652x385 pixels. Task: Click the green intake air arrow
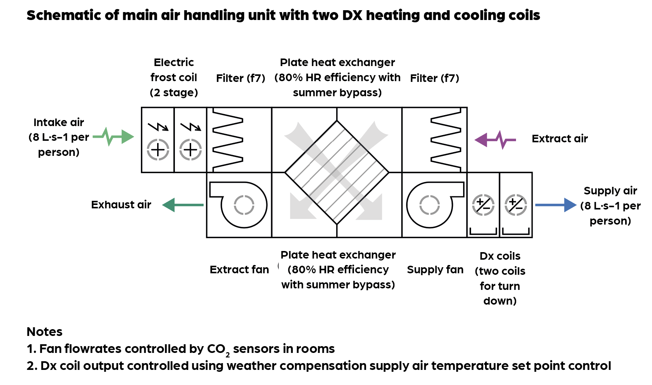click(113, 137)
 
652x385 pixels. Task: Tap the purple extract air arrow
click(495, 140)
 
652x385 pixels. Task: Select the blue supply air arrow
click(555, 205)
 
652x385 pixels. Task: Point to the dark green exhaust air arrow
click(183, 205)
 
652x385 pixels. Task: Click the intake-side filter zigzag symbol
click(227, 140)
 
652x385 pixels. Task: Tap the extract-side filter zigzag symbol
click(446, 140)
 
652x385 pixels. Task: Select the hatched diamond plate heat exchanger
click(337, 172)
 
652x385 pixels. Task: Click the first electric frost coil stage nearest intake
click(158, 140)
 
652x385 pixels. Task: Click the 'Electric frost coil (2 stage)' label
click(174, 77)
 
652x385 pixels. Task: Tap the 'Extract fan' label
click(239, 269)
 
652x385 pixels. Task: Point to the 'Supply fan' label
click(435, 269)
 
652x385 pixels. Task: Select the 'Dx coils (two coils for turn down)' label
click(500, 278)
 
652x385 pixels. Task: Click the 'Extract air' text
click(559, 139)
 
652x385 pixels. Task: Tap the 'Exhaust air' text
click(121, 205)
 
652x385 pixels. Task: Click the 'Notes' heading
click(45, 332)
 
